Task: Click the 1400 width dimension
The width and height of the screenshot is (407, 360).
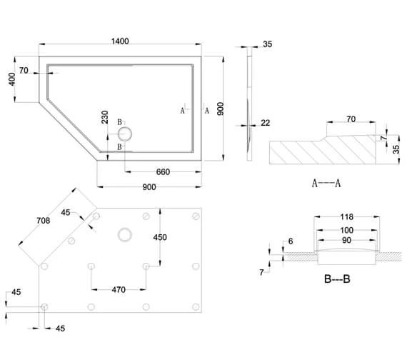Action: coord(120,41)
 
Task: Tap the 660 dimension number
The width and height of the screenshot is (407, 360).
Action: coord(162,171)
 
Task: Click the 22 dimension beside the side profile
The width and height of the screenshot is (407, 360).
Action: coord(266,123)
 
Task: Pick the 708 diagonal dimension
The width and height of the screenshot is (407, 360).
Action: coord(44,221)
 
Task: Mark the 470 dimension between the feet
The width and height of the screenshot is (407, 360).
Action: coord(119,290)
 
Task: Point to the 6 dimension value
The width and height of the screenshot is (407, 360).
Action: coord(291,241)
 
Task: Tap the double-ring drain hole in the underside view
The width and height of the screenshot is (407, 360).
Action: coord(126,233)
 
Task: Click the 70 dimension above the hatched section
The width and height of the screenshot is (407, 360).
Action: coord(351,120)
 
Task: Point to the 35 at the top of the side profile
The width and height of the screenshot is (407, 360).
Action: coord(267,44)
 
